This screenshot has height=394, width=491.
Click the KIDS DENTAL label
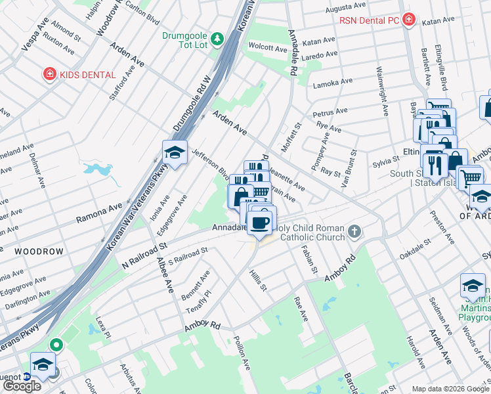(x=87, y=75)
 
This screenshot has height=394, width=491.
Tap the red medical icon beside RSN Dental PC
(x=409, y=20)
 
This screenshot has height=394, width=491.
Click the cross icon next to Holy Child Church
(x=354, y=230)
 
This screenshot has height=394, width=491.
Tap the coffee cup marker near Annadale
(x=261, y=222)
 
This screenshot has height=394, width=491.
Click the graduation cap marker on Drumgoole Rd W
(x=175, y=153)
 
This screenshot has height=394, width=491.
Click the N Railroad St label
(x=141, y=252)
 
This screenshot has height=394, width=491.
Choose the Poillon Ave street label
(x=242, y=352)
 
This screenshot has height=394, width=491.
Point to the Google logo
(x=22, y=386)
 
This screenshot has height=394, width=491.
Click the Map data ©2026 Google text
(x=450, y=389)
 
